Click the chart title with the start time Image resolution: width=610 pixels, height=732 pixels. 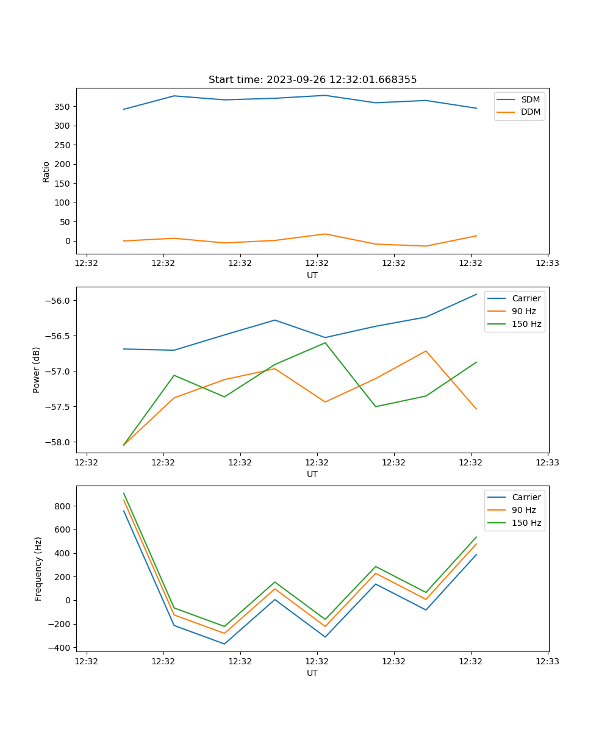pos(312,80)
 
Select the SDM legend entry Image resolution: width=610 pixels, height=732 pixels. pos(530,99)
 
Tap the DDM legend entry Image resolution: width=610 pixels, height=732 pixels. pos(530,112)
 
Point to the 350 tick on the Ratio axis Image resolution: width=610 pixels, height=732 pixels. pos(63,107)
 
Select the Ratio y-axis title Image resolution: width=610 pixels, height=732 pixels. pos(46,171)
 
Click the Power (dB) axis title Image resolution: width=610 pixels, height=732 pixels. pos(37,370)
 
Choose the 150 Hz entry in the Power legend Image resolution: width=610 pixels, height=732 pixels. pos(526,324)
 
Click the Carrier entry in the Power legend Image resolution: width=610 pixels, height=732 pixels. pos(526,298)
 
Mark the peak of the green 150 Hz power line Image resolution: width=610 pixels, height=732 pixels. pos(325,343)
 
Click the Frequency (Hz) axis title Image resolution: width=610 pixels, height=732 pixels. pos(38,569)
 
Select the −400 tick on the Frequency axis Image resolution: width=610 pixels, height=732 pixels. pos(61,648)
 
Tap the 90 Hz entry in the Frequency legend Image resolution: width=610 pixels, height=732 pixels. pos(523,510)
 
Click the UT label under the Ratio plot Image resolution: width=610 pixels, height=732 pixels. pos(312,275)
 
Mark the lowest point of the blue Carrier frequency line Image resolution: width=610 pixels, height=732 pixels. pos(224,644)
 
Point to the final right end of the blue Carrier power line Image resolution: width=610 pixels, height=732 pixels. pos(476,294)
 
